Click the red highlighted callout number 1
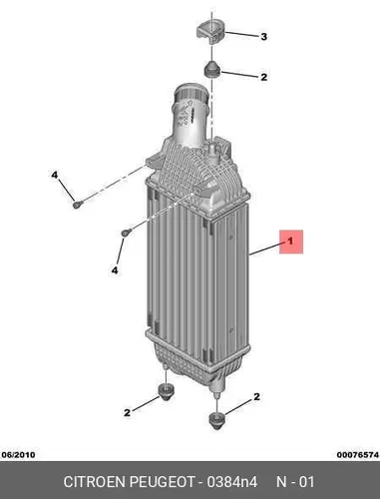291,242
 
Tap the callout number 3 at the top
263,37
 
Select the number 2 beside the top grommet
263,77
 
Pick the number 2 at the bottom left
127,413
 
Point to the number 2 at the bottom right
256,396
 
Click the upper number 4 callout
55,175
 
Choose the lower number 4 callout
115,270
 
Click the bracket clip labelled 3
210,32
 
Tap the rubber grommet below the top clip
211,69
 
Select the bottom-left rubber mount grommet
166,392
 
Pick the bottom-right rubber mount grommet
216,420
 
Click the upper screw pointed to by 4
77,205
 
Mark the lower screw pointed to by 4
126,233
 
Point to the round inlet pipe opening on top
191,91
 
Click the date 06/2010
18,455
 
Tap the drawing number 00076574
358,455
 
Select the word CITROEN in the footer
95,482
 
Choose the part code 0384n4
232,482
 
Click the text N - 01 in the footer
295,482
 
